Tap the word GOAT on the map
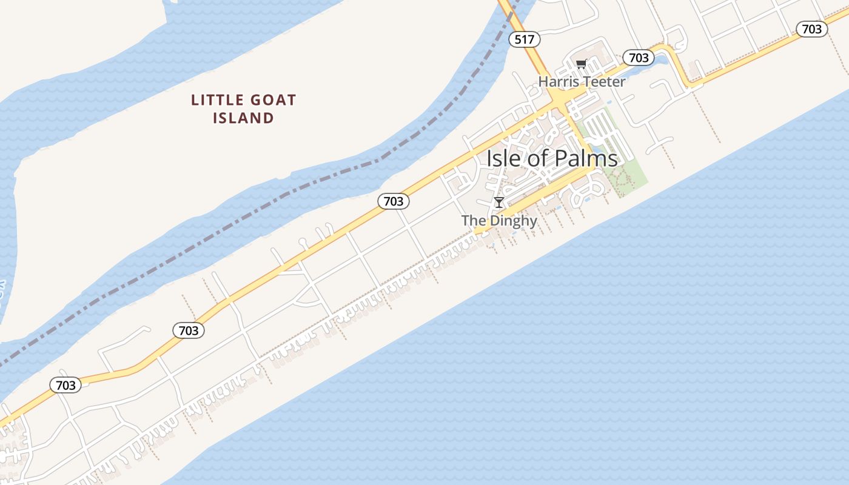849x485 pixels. (274, 100)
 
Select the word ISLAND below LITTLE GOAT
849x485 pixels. (243, 118)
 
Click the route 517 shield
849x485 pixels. (524, 40)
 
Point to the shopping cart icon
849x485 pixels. (581, 64)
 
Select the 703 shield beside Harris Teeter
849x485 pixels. (638, 58)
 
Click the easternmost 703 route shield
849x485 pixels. (811, 29)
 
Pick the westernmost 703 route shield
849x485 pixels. (65, 385)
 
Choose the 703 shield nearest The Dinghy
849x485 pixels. (394, 201)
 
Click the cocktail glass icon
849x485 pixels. (499, 202)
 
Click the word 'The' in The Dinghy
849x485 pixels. (473, 221)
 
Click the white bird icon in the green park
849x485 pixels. (595, 140)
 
